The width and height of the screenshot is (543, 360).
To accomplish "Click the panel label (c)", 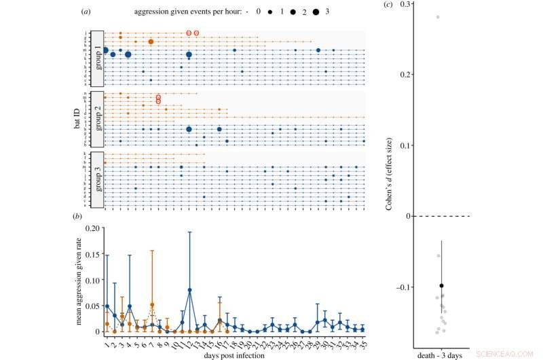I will [387, 5].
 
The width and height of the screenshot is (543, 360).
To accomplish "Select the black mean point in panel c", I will [441, 286].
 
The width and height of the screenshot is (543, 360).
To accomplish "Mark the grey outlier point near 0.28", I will [438, 17].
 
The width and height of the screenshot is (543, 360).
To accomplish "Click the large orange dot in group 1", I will [151, 41].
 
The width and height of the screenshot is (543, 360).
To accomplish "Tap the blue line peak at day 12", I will [189, 290].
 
